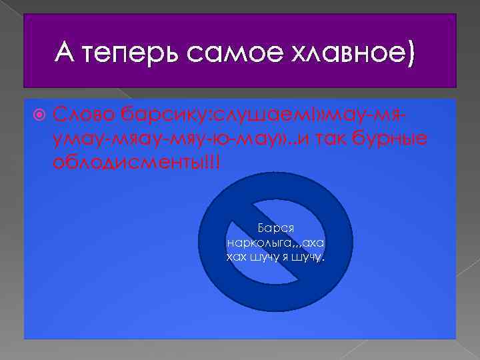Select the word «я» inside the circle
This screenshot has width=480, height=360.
286,257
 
